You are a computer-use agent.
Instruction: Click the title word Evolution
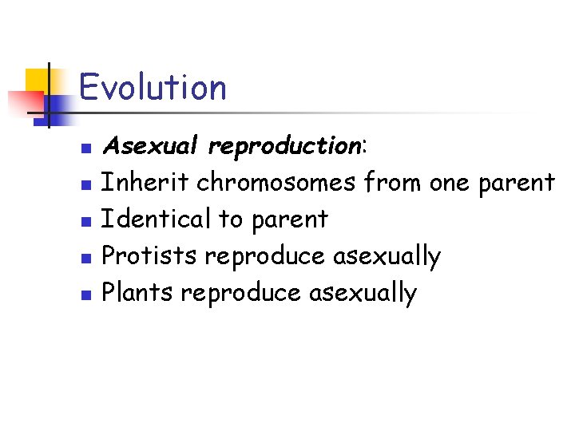coord(153,87)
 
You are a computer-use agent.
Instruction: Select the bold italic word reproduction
coord(284,147)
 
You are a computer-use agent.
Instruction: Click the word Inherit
coord(146,183)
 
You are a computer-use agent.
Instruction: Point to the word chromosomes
coord(276,183)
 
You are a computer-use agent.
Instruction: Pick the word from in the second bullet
coord(392,183)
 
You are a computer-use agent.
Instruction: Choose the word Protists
coord(150,256)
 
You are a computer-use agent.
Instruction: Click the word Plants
coord(138,293)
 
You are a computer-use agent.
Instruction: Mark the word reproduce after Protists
coord(266,257)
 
